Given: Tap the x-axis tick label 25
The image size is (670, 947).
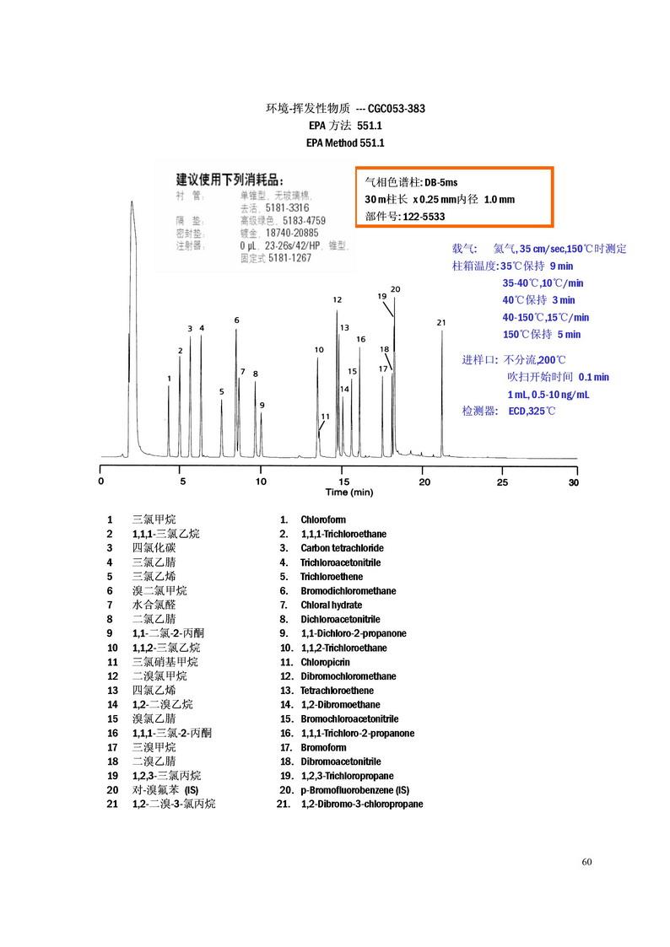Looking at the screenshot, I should (502, 482).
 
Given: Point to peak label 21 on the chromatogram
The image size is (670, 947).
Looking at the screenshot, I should (440, 322).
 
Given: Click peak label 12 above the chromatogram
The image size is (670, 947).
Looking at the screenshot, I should (337, 299).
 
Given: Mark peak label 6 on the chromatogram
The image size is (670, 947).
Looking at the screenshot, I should (237, 320).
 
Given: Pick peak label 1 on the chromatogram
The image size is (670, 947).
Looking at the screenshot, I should (170, 379).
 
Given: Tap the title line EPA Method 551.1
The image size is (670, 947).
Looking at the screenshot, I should (345, 143).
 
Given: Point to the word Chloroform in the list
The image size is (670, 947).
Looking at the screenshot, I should (323, 519).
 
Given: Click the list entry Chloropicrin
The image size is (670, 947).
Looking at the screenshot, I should (325, 662).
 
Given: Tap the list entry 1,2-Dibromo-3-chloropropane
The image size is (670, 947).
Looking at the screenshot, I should (362, 804).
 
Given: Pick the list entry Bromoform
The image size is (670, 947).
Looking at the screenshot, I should (323, 747).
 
